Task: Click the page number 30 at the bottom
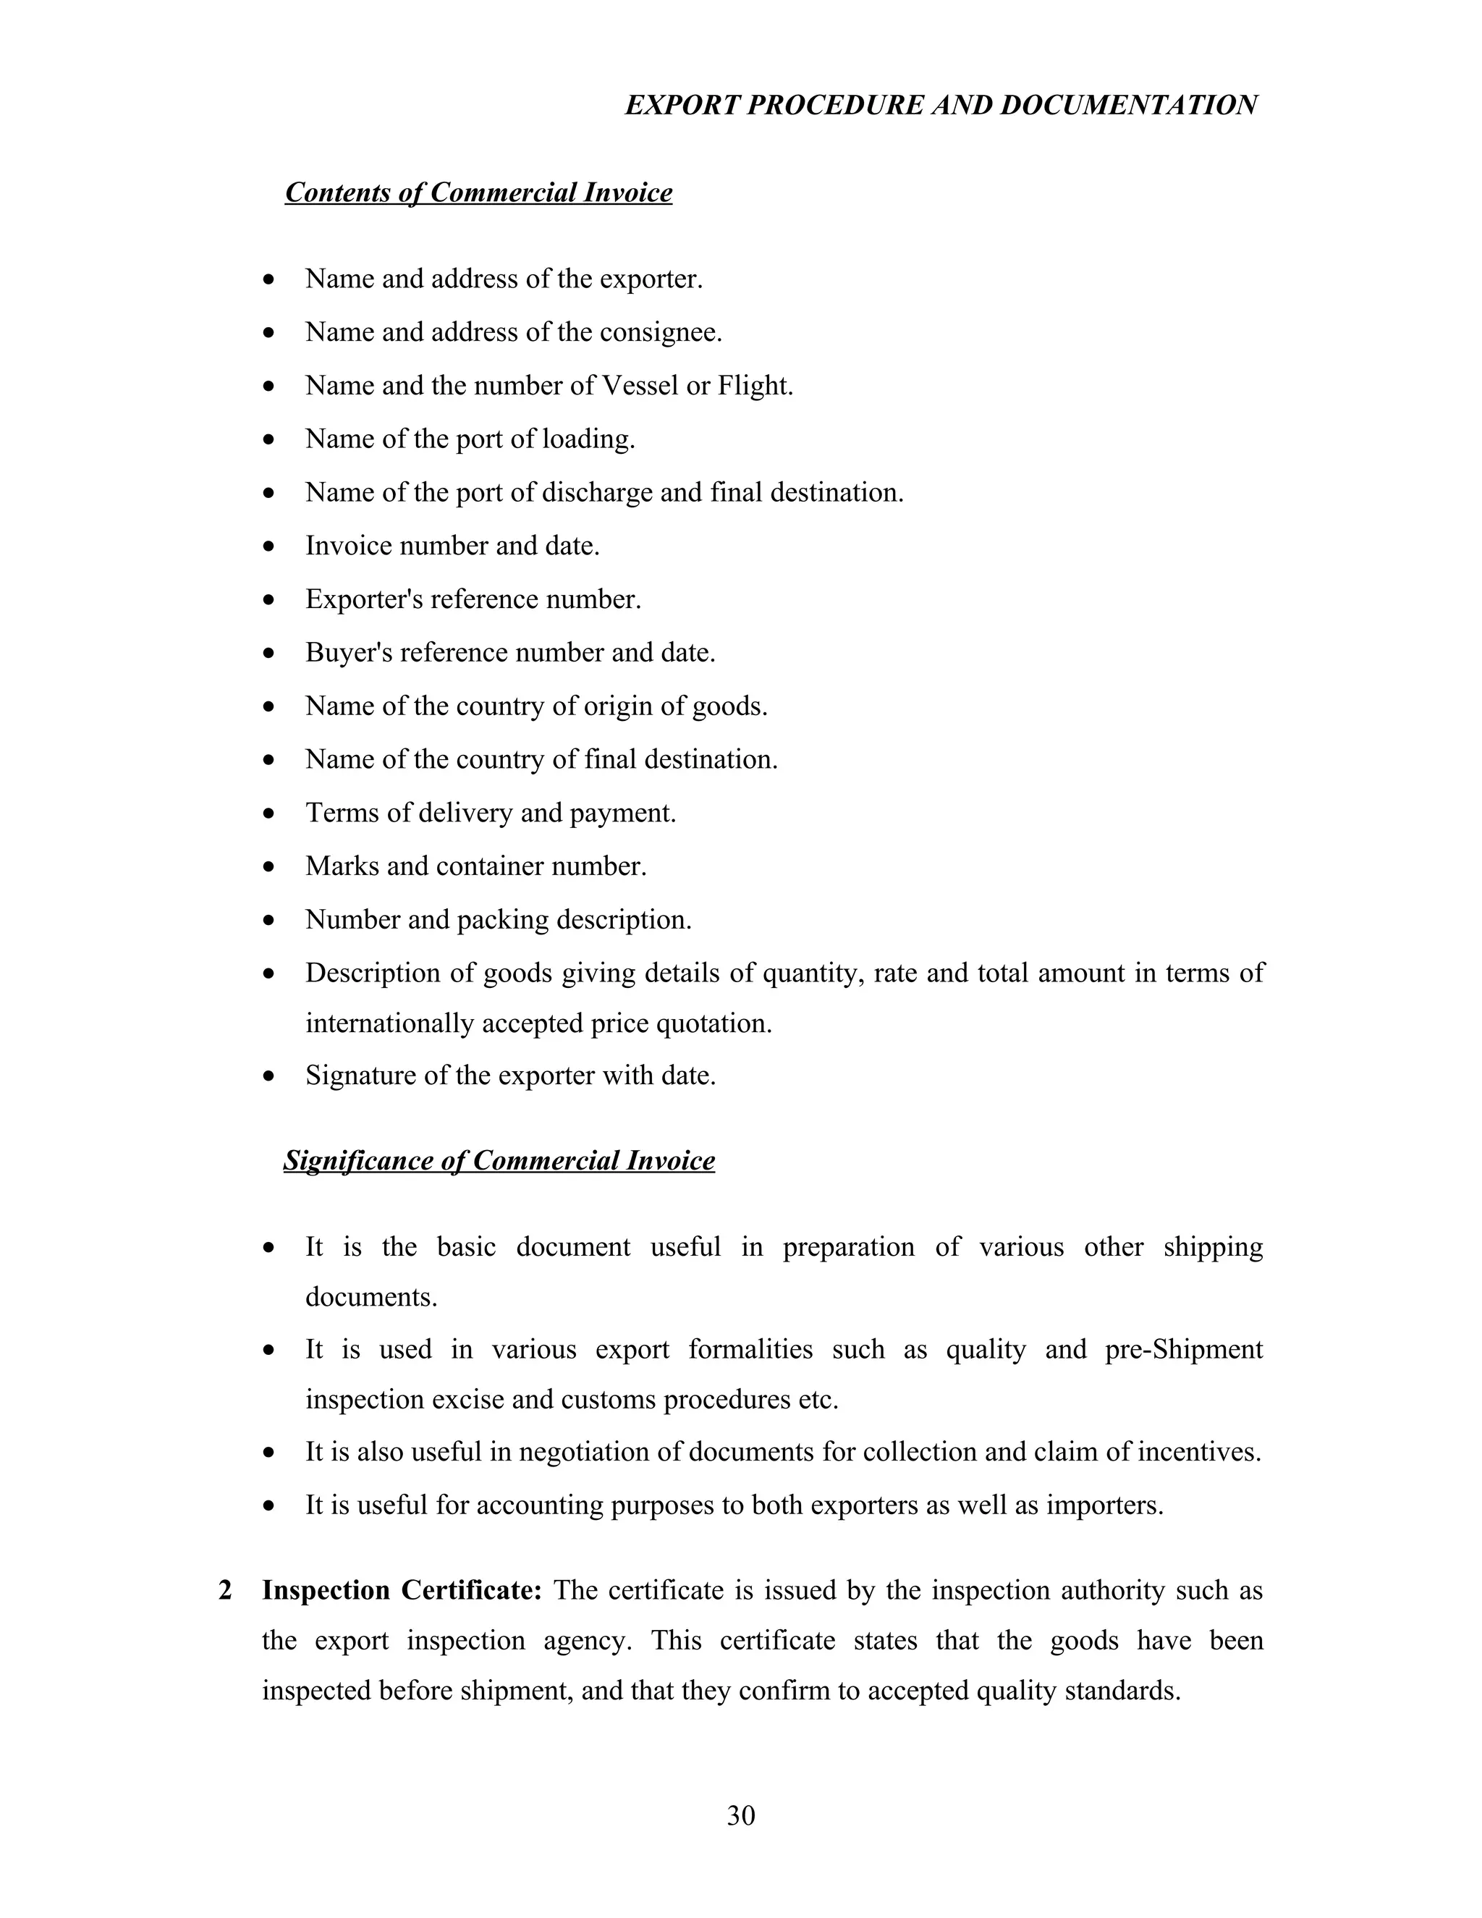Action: (740, 1815)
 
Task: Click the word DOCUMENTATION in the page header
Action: (1128, 106)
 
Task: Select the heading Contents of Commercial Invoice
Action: (478, 193)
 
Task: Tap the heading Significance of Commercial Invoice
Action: (499, 1160)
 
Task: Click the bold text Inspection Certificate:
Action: (401, 1590)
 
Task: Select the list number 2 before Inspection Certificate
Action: (226, 1590)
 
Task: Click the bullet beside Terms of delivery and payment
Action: (269, 814)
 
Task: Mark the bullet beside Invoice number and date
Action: (269, 547)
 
